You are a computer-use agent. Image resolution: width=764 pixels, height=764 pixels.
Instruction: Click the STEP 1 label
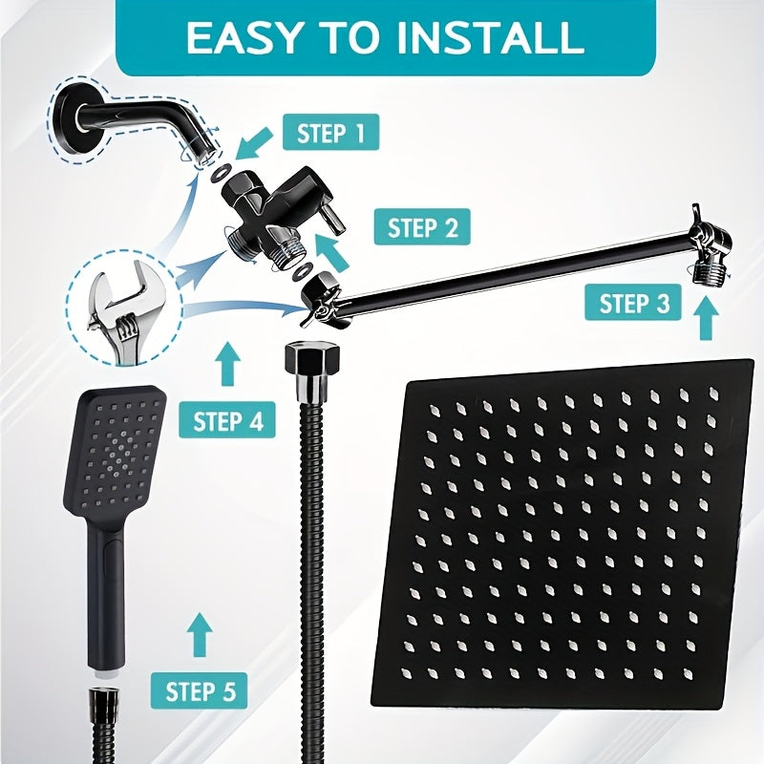click(330, 133)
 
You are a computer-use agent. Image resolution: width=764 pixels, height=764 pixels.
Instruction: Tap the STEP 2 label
click(423, 228)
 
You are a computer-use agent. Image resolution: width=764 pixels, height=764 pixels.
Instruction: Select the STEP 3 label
click(635, 304)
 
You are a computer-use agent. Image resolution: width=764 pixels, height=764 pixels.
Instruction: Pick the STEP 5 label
click(200, 689)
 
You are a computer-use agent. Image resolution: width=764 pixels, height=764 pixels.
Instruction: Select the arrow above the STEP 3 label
click(707, 318)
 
